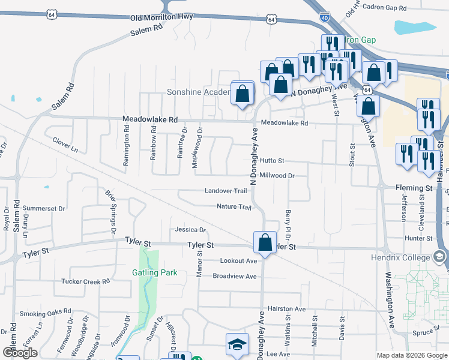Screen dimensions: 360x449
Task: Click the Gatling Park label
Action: point(154,272)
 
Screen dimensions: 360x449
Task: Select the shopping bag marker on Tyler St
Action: point(265,243)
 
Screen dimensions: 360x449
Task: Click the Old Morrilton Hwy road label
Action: point(161,17)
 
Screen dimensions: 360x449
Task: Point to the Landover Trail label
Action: point(226,191)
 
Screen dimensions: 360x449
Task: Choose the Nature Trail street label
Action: point(234,206)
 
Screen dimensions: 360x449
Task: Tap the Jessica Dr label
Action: point(190,230)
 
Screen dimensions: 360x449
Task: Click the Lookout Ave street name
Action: point(238,261)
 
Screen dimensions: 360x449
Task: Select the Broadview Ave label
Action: point(235,276)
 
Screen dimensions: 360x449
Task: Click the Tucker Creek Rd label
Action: point(86,281)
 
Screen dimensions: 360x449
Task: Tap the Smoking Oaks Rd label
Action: point(45,313)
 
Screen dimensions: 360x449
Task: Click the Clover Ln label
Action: point(65,145)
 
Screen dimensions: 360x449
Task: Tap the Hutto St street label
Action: point(272,161)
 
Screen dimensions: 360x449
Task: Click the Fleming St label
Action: point(414,188)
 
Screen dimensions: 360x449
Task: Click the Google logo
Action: point(20,352)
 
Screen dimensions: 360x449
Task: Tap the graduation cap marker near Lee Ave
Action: point(237,344)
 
